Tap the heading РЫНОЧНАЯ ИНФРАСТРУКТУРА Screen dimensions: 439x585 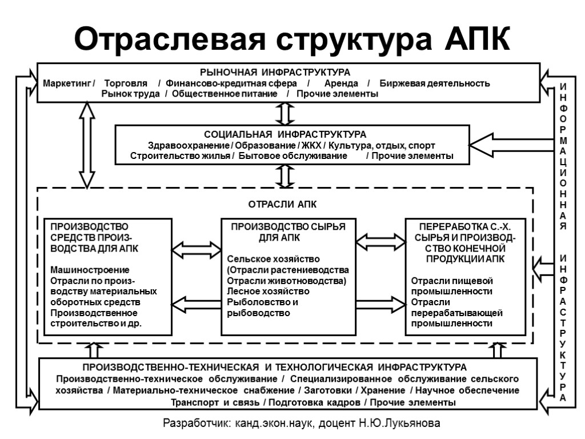pyautogui.click(x=274, y=73)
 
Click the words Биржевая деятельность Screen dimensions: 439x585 pyautogui.click(x=434, y=83)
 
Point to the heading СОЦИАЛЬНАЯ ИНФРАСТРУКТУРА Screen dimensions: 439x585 pyautogui.click(x=285, y=134)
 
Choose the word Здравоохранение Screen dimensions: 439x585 pyautogui.click(x=175, y=145)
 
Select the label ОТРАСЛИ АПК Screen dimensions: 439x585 pyautogui.click(x=286, y=204)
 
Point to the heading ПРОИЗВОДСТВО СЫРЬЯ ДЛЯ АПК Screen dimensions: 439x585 pyautogui.click(x=288, y=232)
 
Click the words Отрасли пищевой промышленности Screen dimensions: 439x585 pyautogui.click(x=452, y=286)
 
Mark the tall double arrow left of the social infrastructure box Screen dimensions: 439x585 pyautogui.click(x=87, y=145)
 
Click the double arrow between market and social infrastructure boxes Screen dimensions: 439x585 pyautogui.click(x=284, y=113)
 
